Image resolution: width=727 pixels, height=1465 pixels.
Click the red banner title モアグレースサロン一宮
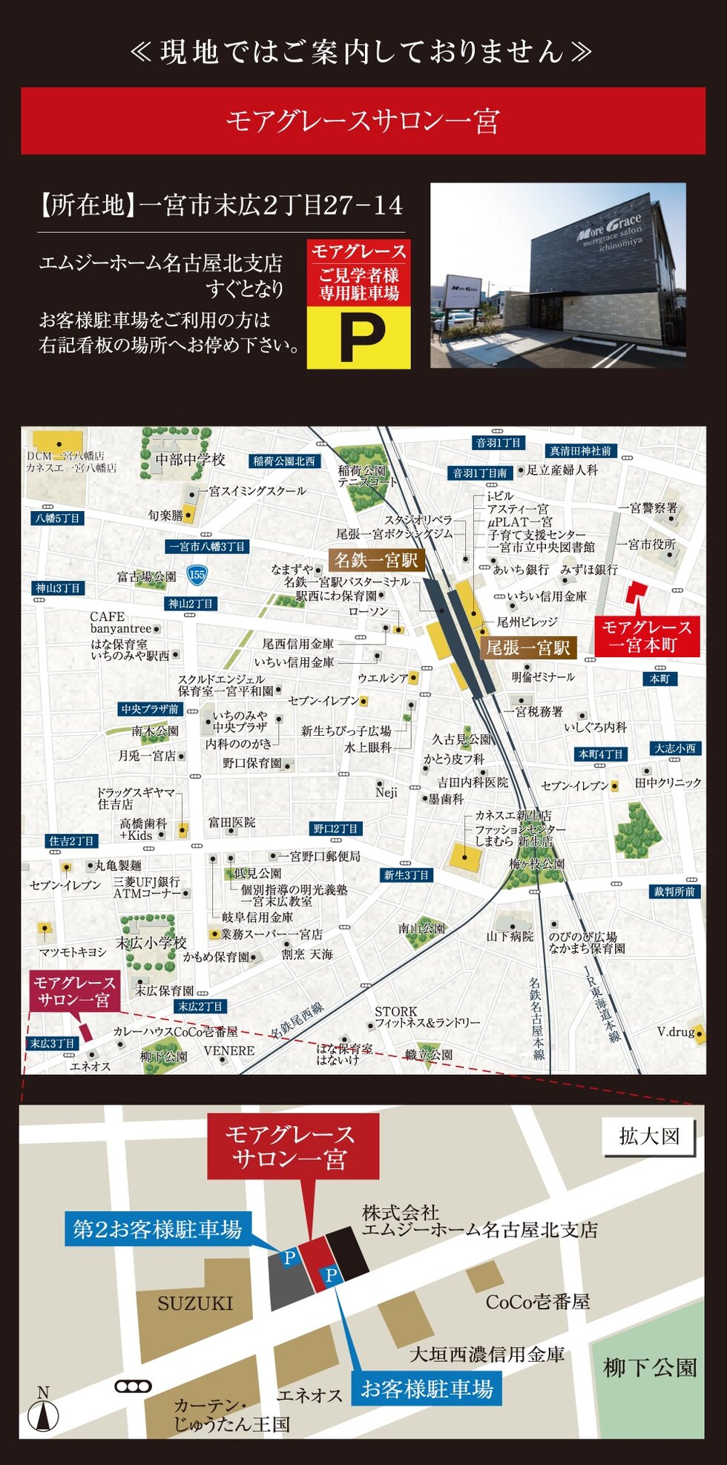coord(363,121)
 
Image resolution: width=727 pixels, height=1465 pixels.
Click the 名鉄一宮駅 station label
coord(376,560)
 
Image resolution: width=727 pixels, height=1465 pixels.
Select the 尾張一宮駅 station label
coord(527,648)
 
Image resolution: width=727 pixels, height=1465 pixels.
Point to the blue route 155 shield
coord(197,574)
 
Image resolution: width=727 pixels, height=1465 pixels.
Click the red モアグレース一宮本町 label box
coord(646,636)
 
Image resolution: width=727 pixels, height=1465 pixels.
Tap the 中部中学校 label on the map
coord(190,460)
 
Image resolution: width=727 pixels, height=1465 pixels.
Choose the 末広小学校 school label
coord(151,943)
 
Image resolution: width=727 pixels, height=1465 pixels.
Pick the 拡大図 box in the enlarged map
coord(649,1136)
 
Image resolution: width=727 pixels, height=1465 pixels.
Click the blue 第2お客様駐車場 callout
coord(157,1230)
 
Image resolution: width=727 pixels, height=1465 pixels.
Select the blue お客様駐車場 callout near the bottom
coord(427,1389)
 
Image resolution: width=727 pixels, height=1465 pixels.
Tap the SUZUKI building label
coord(195,1303)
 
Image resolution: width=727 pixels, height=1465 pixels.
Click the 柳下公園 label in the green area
coord(650,1368)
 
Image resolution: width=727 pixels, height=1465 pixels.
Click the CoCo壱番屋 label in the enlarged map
coord(538,1302)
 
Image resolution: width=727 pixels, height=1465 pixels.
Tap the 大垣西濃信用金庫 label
coord(487,1354)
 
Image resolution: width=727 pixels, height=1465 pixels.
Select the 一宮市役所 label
coord(651,544)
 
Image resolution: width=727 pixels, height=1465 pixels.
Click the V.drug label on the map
coord(676,1032)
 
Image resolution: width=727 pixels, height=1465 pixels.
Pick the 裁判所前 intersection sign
coord(674,892)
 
